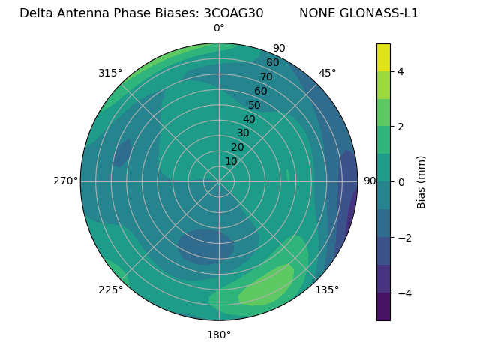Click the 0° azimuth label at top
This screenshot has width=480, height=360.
pos(219,28)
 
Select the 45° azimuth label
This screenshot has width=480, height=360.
pos(328,73)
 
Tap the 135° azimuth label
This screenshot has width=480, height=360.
pos(327,289)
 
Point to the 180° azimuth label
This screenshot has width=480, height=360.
pos(219,334)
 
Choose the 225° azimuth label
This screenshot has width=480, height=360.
pos(110,290)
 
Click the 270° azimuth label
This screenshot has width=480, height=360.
pos(65,181)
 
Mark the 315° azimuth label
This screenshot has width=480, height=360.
pos(110,73)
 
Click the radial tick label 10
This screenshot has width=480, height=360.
pos(231,162)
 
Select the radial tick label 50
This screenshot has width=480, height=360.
pos(254,106)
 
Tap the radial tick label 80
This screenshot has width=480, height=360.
pos(272,63)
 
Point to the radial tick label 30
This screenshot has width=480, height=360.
pos(243,133)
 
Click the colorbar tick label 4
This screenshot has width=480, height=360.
pos(401,71)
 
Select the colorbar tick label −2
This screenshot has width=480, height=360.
pos(404,238)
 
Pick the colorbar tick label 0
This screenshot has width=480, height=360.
pos(401,182)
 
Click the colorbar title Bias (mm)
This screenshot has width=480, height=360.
pos(421,182)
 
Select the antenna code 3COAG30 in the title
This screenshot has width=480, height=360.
pos(233,13)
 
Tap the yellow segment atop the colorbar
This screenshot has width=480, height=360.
pos(383,57)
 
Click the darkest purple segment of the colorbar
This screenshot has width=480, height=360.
pos(383,307)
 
